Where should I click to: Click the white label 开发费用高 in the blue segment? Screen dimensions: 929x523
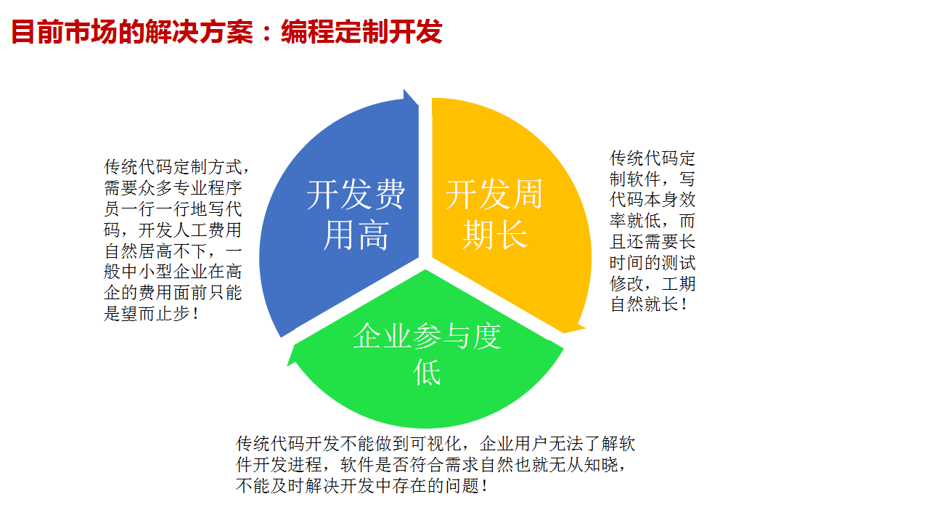356,214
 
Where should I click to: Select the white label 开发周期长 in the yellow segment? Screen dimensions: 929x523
494,214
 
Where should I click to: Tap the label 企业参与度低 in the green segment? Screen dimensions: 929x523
427,354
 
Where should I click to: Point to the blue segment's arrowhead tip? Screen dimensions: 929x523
404,89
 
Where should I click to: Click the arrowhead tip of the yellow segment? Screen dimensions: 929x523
585,328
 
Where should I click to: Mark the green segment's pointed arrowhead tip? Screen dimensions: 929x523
287,365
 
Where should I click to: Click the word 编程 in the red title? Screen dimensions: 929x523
307,32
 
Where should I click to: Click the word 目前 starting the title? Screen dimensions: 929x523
37,32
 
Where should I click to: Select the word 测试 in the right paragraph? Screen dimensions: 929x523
679,263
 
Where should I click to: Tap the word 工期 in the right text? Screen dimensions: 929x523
679,283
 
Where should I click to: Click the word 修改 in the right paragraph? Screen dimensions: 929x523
626,283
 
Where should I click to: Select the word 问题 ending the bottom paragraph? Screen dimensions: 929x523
462,486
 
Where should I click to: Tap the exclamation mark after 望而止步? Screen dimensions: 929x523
196,314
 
